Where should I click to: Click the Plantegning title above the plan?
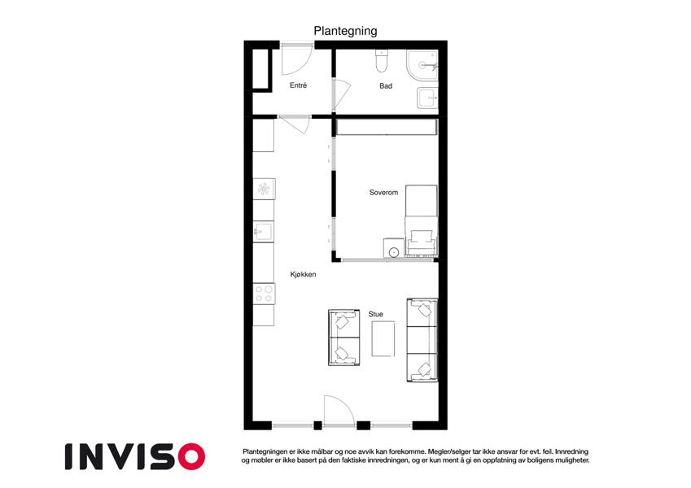(x=345, y=31)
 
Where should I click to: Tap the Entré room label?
(x=298, y=85)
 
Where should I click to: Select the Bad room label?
(x=386, y=86)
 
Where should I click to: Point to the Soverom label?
(x=383, y=193)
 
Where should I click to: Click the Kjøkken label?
(x=303, y=274)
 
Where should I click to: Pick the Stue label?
(x=375, y=314)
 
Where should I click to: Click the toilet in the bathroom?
(x=381, y=61)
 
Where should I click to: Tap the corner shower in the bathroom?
(x=422, y=66)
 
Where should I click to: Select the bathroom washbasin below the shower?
(x=427, y=98)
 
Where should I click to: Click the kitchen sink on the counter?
(x=264, y=232)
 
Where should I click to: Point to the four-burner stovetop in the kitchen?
(x=264, y=294)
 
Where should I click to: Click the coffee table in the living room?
(x=383, y=338)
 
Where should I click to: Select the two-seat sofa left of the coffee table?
(x=344, y=338)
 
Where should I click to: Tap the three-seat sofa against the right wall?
(x=422, y=340)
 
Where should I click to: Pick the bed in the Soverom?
(x=422, y=220)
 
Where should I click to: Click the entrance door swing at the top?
(x=296, y=59)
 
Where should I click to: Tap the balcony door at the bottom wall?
(x=339, y=411)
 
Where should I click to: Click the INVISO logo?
(x=135, y=456)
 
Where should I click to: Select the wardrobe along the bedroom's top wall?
(x=387, y=127)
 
